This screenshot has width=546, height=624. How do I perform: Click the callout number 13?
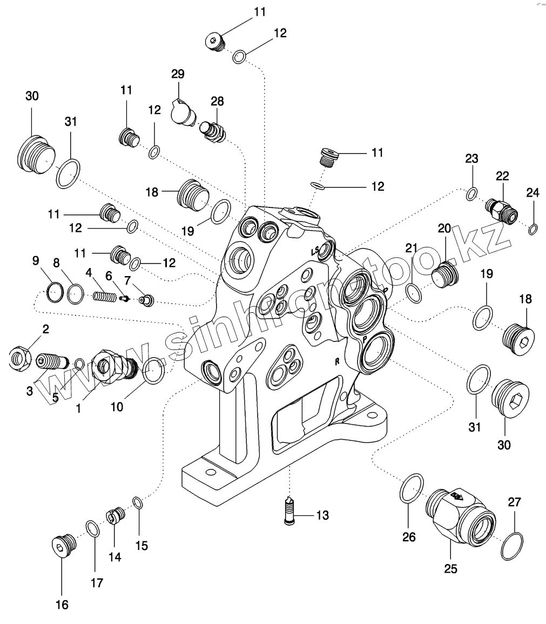pyautogui.click(x=322, y=515)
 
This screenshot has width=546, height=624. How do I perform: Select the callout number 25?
pyautogui.click(x=450, y=568)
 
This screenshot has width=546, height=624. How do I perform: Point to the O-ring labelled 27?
pyautogui.click(x=511, y=546)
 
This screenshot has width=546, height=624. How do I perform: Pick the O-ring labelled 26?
pyautogui.click(x=412, y=489)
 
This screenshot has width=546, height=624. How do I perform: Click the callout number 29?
pyautogui.click(x=178, y=73)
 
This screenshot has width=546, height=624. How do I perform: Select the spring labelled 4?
pyautogui.click(x=105, y=297)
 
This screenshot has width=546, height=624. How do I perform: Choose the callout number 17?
pyautogui.click(x=97, y=583)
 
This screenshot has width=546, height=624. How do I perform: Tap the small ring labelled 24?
pyautogui.click(x=532, y=230)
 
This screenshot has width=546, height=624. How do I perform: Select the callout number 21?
pyautogui.click(x=412, y=248)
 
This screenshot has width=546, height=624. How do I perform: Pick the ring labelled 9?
pyautogui.click(x=53, y=293)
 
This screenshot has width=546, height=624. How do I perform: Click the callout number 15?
pyautogui.click(x=141, y=545)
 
